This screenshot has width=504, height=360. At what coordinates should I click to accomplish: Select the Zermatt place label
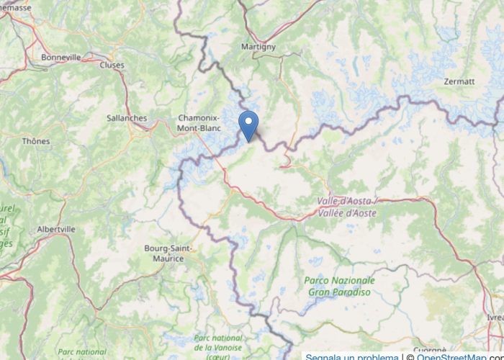[x=459, y=81]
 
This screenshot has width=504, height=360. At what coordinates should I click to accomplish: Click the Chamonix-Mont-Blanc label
[x=199, y=123]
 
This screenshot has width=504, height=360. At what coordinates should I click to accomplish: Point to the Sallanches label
[x=126, y=118]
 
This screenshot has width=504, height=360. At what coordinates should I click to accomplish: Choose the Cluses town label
[x=112, y=65]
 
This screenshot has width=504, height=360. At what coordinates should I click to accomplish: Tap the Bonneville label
[x=61, y=57]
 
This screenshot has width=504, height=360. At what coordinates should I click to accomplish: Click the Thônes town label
[x=36, y=141]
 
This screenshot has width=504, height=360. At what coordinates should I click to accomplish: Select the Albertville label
[x=56, y=229]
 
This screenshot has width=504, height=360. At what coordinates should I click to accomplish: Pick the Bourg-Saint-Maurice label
[x=167, y=253]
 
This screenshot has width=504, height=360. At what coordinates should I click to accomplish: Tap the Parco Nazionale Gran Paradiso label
[x=339, y=286]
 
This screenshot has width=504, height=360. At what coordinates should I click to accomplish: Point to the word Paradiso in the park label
[x=354, y=292]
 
